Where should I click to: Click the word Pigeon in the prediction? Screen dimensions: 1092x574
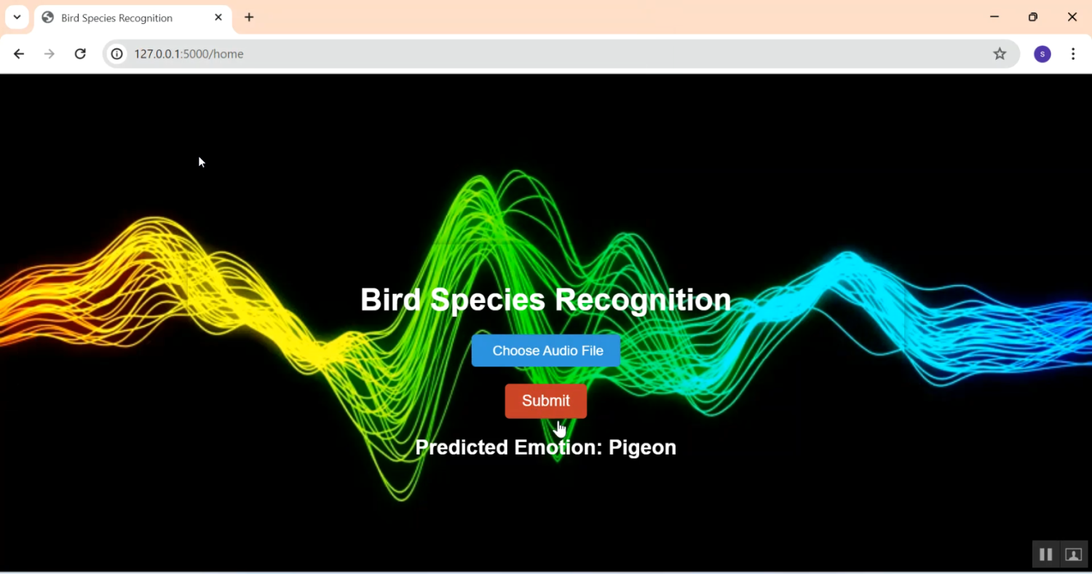(642, 448)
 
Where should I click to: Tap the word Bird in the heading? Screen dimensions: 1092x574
(390, 299)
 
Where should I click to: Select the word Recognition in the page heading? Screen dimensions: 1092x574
(643, 300)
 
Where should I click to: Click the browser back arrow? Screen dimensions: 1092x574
(18, 54)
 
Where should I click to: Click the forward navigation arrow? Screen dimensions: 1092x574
(50, 54)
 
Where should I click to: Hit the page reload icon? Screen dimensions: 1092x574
(80, 54)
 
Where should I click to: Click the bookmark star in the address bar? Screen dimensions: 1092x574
(1000, 54)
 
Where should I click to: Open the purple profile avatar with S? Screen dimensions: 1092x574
(1042, 54)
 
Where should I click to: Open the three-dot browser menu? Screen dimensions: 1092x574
(1073, 54)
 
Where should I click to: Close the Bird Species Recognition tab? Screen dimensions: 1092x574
(218, 17)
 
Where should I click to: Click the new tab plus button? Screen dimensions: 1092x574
(249, 17)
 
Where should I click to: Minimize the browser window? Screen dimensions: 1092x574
(994, 17)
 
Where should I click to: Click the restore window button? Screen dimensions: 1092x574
(1033, 17)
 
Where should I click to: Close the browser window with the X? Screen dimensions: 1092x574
(1072, 17)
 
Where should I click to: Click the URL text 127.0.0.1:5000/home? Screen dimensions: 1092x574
(189, 54)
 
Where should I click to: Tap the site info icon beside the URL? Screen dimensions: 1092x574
(117, 54)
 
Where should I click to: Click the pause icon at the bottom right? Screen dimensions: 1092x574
(1045, 554)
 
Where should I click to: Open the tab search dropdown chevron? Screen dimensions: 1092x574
(17, 17)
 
